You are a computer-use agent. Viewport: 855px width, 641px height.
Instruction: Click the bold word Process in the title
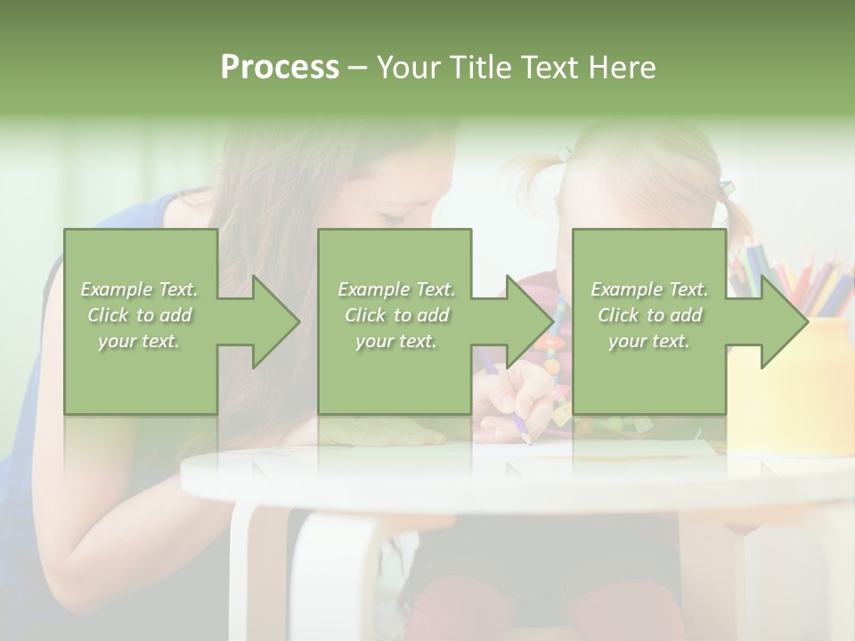[280, 68]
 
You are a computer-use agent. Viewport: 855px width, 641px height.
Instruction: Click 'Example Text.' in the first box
[140, 289]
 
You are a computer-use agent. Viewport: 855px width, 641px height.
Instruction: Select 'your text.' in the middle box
[396, 341]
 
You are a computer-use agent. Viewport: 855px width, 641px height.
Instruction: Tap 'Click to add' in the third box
[649, 315]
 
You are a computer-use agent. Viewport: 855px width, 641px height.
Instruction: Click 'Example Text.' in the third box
[649, 289]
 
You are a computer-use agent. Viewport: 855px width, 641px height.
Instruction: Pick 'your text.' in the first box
[140, 341]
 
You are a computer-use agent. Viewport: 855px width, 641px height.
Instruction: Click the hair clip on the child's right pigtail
[726, 188]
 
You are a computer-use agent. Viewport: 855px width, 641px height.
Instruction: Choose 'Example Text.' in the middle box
[396, 289]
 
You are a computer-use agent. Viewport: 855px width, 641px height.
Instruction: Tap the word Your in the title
[405, 68]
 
